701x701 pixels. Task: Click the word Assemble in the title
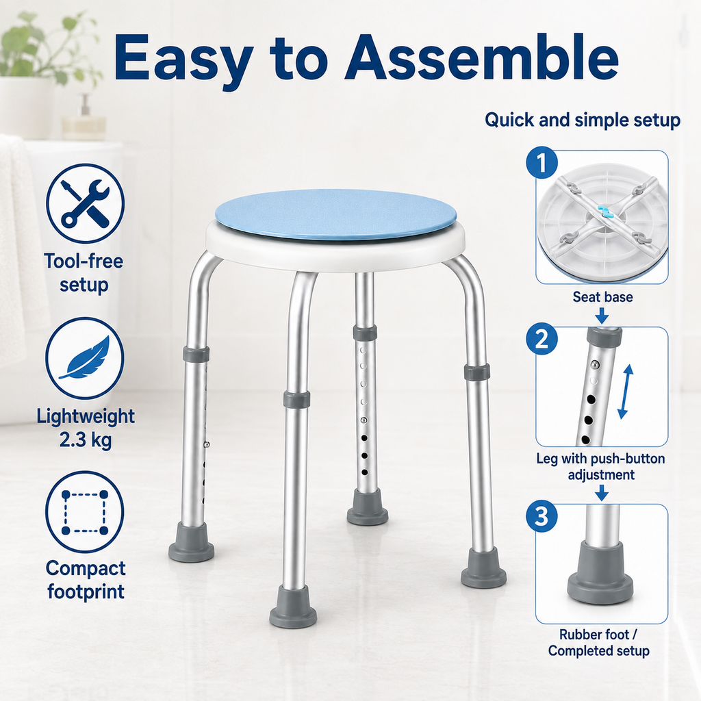click(481, 58)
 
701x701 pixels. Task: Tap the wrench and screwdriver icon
click(85, 203)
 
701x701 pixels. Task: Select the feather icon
click(85, 358)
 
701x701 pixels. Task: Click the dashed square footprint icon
click(85, 512)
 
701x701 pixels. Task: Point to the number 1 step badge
click(542, 162)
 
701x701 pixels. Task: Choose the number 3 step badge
click(542, 515)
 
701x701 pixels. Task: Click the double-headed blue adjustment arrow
click(626, 391)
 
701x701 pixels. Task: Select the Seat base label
click(602, 297)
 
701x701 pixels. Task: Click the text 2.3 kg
click(86, 440)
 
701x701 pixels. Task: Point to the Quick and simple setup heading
click(583, 120)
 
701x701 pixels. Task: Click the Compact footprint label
click(86, 580)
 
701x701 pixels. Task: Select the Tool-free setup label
click(84, 272)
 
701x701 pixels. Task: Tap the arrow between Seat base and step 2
click(602, 316)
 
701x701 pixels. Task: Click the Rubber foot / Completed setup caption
click(598, 642)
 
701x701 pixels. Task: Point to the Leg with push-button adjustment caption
click(600, 466)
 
